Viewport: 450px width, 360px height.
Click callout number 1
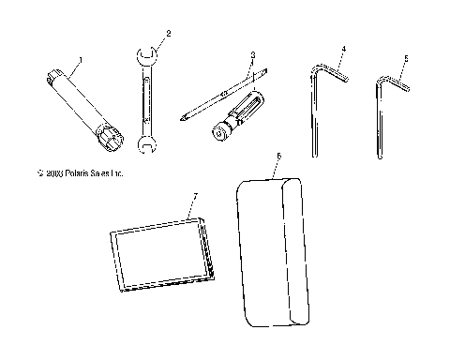click(x=81, y=60)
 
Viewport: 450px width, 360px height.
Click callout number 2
click(x=168, y=34)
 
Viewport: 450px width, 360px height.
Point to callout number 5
click(x=405, y=58)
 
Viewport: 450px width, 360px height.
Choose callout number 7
click(x=194, y=197)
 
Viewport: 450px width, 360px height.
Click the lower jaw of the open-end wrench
click(x=145, y=142)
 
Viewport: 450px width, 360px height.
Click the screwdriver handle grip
click(x=246, y=107)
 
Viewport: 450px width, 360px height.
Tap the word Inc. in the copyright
click(x=116, y=173)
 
